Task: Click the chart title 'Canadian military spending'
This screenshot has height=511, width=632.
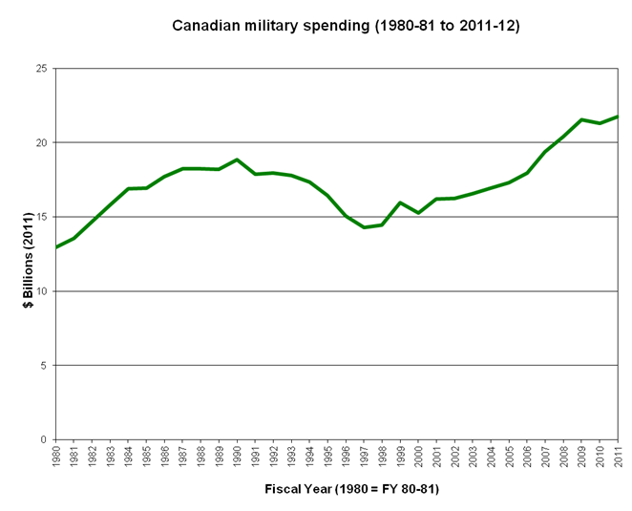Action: click(x=345, y=26)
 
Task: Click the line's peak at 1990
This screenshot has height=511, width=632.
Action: click(x=238, y=160)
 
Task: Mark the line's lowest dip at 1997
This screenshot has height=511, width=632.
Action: click(x=364, y=227)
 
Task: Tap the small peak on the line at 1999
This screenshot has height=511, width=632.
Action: click(x=400, y=202)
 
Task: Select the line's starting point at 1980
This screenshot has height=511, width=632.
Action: click(x=57, y=247)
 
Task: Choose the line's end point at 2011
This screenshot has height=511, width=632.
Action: click(x=618, y=117)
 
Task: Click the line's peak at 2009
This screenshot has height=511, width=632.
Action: click(x=581, y=119)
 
